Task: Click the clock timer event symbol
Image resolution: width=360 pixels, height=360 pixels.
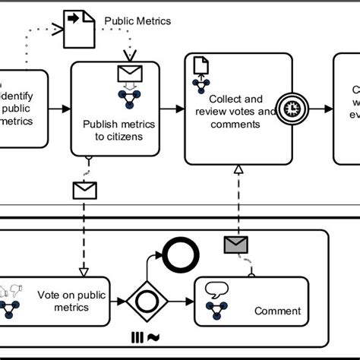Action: click(x=291, y=109)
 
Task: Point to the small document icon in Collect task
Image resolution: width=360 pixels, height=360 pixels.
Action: click(x=201, y=66)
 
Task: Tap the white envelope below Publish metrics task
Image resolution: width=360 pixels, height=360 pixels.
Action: click(x=84, y=189)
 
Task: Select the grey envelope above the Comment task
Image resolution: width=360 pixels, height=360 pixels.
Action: click(x=236, y=244)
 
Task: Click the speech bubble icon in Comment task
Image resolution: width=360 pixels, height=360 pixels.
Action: click(x=216, y=289)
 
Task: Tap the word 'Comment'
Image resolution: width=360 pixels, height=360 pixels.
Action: click(x=277, y=311)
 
